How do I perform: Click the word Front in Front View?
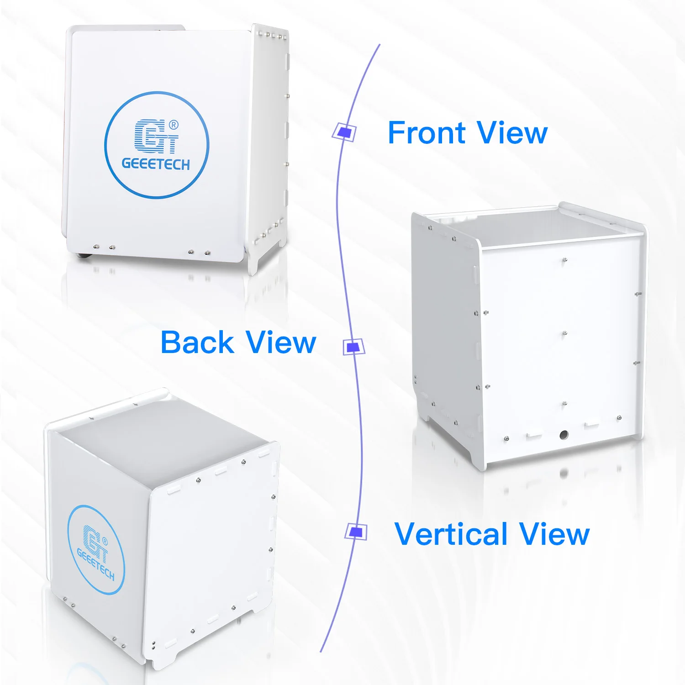click(x=426, y=133)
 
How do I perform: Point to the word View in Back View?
click(x=280, y=342)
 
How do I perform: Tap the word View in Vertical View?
click(x=554, y=534)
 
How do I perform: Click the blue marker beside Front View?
click(x=344, y=132)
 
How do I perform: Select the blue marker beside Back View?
click(x=353, y=347)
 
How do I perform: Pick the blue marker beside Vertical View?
click(x=356, y=532)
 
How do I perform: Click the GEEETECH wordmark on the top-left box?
click(x=156, y=164)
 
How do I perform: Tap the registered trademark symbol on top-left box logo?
click(x=174, y=125)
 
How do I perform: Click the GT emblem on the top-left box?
click(x=155, y=137)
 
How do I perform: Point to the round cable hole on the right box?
click(x=564, y=434)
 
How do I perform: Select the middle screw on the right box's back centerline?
click(x=565, y=333)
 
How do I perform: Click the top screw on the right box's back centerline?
click(x=565, y=260)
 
